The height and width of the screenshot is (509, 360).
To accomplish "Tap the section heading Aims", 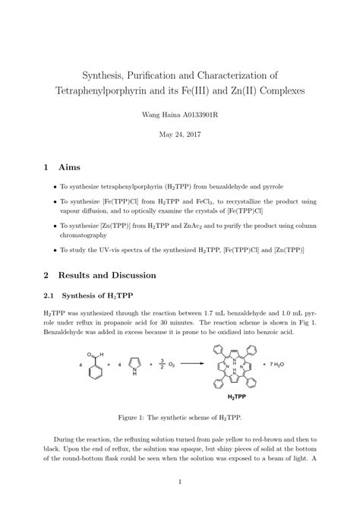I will tap(74, 166).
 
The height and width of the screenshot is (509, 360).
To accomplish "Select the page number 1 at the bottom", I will tap(179, 482).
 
